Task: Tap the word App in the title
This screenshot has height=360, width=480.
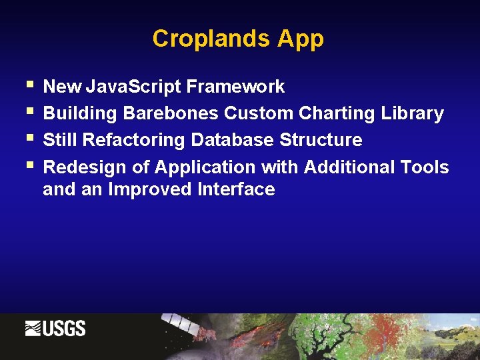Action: (x=301, y=39)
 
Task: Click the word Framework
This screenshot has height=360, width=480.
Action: (x=235, y=87)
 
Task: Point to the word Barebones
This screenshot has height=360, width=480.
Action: (x=170, y=113)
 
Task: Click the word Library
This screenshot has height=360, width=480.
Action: (x=412, y=113)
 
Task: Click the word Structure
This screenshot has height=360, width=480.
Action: (x=321, y=140)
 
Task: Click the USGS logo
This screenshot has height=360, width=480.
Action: (x=55, y=329)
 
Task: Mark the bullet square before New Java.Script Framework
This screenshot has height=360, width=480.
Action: (x=29, y=85)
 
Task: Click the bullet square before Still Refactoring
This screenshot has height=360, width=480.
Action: (x=29, y=139)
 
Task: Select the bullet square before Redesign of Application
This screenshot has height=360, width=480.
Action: (x=29, y=165)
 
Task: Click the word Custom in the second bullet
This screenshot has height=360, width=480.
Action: (x=259, y=113)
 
